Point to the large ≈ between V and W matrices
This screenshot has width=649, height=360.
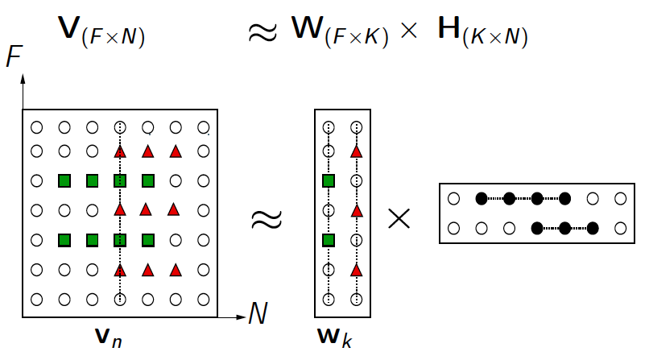pos(267,220)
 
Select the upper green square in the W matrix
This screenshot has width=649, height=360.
pos(328,180)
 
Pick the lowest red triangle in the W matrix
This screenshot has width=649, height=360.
pos(355,270)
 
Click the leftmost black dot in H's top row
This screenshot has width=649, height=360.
pos(482,198)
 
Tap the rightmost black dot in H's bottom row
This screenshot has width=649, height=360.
pos(593,228)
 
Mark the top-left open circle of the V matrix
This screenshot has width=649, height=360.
pos(36,127)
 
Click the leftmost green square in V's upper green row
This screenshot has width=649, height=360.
pos(64,180)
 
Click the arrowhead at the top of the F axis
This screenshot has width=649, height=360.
pos(23,78)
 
